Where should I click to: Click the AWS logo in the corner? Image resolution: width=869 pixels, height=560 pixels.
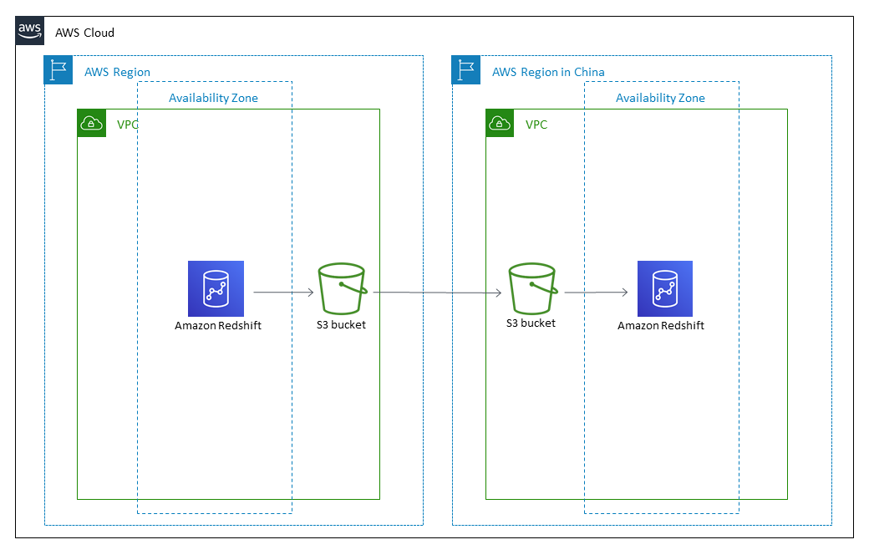point(30,32)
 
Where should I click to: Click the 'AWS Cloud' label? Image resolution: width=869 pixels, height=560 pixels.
point(84,33)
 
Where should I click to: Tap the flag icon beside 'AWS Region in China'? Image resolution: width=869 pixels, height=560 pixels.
point(467,70)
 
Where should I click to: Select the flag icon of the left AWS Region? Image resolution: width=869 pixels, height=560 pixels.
point(58,70)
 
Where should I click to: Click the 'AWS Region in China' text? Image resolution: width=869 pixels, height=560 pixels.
point(548,72)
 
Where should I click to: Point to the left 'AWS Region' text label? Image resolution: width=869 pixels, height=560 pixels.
point(117,72)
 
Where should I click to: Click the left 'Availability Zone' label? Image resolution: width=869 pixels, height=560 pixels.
point(213,98)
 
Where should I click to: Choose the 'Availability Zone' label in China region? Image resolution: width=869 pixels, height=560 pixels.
point(660,98)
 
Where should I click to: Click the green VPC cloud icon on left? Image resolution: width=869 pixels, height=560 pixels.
point(91,124)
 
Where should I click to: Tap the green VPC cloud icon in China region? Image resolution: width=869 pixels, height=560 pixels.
point(501,124)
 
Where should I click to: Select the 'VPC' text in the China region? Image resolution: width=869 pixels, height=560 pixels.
point(536,125)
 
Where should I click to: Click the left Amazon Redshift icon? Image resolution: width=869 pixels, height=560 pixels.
point(216,288)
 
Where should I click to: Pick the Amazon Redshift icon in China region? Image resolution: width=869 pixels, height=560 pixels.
point(664,288)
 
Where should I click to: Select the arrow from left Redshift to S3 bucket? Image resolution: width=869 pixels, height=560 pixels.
point(283,293)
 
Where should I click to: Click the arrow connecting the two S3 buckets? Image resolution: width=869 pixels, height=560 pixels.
point(437,293)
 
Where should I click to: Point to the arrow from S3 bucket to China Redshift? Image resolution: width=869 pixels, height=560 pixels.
point(596,293)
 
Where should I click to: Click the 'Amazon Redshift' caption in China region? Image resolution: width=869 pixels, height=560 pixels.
point(660,325)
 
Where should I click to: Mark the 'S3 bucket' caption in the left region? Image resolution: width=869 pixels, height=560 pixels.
point(341,324)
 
